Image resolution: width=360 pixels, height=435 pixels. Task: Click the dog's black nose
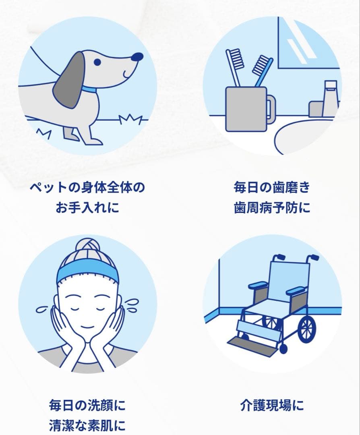coord(137,57)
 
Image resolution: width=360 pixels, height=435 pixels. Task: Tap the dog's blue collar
coord(89,88)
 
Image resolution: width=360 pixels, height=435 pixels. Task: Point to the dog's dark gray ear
coord(70,80)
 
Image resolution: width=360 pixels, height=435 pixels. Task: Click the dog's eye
coord(97,62)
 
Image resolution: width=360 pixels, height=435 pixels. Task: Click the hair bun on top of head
coord(87,247)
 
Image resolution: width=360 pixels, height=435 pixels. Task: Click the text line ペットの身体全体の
coord(87,188)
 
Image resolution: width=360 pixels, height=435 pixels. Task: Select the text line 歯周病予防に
coord(272,209)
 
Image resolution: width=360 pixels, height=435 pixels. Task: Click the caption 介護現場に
coord(272,405)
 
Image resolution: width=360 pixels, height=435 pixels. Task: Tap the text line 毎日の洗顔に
coord(87,405)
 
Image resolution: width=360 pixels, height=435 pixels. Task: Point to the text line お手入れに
coord(87,209)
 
